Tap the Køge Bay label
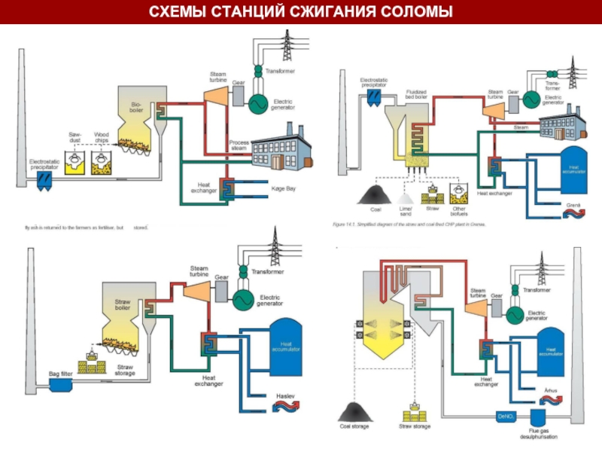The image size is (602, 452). point(283,188)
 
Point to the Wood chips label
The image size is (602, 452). point(102,137)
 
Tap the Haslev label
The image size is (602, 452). point(285,395)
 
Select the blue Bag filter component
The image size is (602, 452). point(60,385)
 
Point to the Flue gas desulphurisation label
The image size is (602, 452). point(539,433)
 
